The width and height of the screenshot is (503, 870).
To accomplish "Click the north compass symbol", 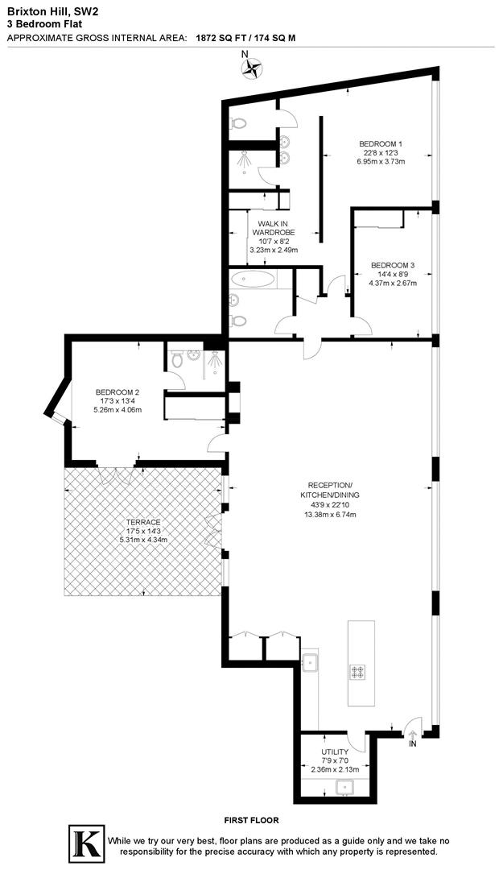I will (252, 68).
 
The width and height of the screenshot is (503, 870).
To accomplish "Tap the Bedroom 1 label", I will (381, 143).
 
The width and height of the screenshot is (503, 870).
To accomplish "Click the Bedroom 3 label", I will (393, 265).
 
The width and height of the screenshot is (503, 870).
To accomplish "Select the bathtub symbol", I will (253, 280).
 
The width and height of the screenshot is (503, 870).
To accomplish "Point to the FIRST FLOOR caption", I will (251, 820).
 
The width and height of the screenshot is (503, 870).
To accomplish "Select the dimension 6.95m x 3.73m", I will (381, 161).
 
